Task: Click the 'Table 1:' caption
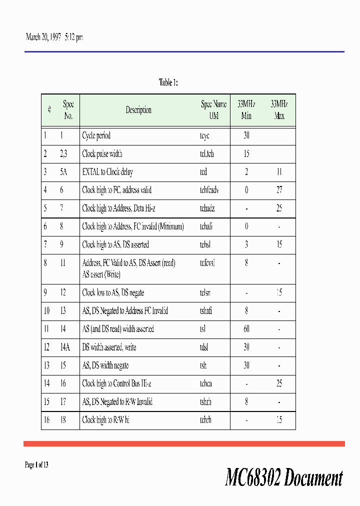168,82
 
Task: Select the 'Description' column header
138,110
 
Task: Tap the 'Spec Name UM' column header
213,110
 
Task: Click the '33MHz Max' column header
279,110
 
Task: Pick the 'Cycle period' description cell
96,135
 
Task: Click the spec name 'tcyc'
204,135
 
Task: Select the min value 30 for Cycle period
246,135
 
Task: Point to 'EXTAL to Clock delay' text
107,172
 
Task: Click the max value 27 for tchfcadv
279,190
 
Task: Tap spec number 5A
63,172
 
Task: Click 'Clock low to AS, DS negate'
113,292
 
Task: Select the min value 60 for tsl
246,329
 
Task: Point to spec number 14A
63,347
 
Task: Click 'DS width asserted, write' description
109,347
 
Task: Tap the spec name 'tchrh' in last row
205,420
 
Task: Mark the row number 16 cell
46,420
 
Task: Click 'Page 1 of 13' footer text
36,465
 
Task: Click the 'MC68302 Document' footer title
284,478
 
